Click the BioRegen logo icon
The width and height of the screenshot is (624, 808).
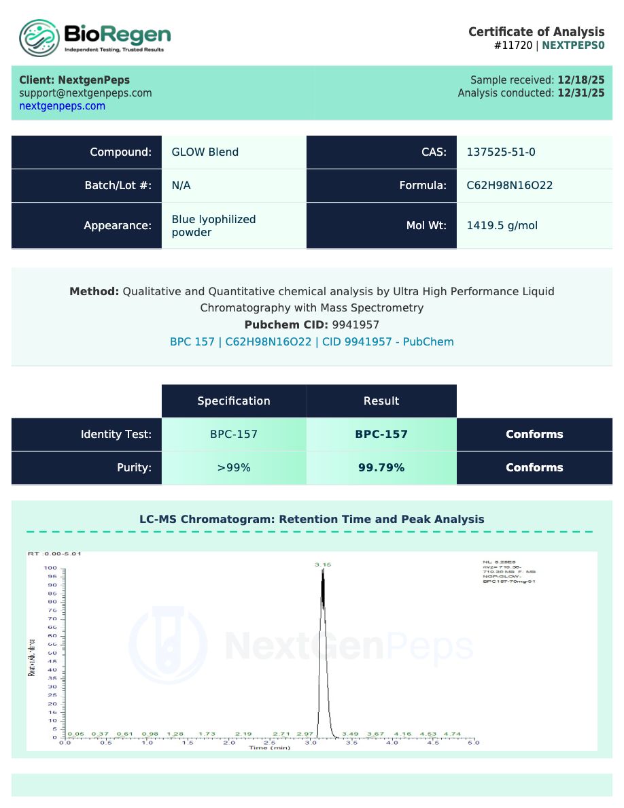click(39, 37)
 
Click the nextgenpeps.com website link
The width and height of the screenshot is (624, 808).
click(62, 106)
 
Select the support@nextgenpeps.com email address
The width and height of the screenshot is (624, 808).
click(85, 93)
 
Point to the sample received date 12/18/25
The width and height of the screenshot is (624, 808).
click(580, 80)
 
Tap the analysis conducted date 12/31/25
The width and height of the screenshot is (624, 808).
click(580, 93)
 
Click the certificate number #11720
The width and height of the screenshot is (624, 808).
click(514, 46)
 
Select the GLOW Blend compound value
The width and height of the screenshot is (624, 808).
click(205, 152)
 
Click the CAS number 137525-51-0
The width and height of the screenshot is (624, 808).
click(500, 152)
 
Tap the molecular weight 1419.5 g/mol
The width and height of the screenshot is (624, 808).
click(502, 225)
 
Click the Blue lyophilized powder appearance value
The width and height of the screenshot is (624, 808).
click(213, 226)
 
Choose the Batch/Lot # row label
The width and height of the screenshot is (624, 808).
click(118, 186)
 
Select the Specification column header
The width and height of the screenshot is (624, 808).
click(233, 401)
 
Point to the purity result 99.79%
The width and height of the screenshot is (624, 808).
click(381, 468)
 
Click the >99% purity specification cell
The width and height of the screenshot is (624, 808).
click(233, 468)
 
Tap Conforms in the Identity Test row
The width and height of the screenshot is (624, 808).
click(534, 435)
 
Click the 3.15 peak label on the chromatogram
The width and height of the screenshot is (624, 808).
click(322, 565)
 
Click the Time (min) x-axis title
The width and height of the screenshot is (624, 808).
click(270, 748)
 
